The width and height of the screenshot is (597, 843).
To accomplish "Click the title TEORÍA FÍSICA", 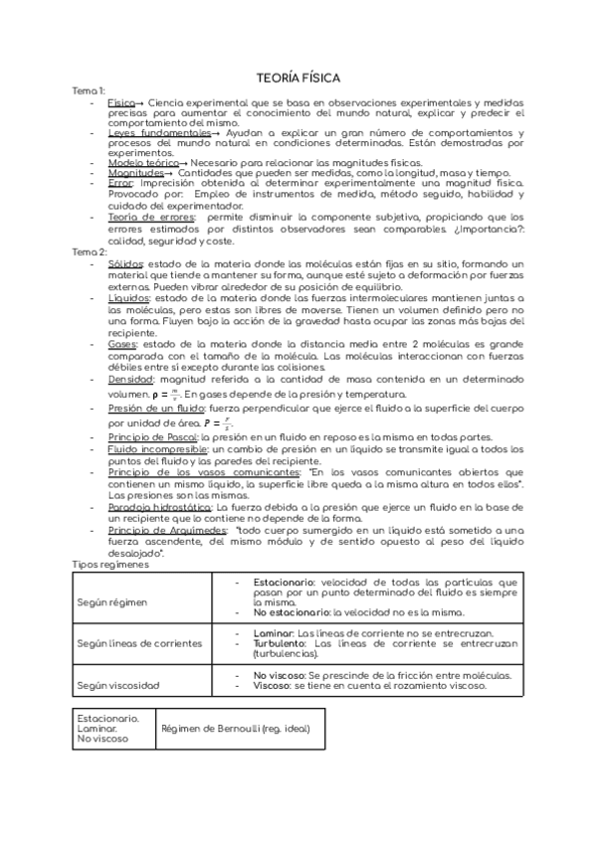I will coord(298,77).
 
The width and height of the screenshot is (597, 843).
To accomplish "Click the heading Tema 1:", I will coord(89,91).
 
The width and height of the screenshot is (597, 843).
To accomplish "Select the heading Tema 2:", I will coord(90,253).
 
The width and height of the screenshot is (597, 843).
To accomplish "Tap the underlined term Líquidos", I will coord(128,297).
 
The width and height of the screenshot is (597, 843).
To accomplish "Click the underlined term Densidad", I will coord(130,379).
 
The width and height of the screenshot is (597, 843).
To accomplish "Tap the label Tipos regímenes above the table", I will coord(110,565).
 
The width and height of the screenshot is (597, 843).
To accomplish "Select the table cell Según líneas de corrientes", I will coord(139,643).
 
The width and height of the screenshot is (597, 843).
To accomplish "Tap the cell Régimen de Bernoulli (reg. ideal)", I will coord(235,729).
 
